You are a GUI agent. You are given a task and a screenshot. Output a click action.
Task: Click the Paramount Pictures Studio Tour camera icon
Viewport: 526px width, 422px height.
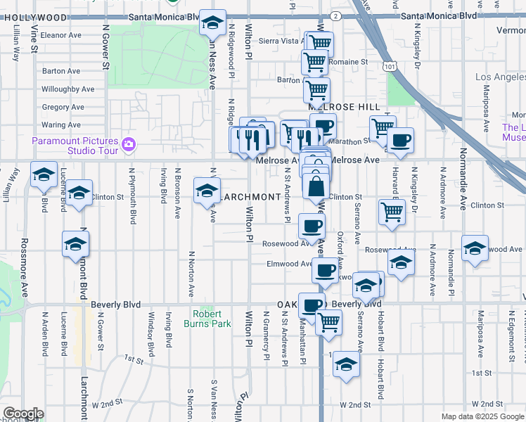pyautogui.click(x=128, y=145)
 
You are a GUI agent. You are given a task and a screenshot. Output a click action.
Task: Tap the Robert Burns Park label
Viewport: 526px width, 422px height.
pyautogui.click(x=207, y=319)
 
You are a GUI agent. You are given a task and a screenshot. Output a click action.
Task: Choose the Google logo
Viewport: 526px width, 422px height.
pyautogui.click(x=23, y=414)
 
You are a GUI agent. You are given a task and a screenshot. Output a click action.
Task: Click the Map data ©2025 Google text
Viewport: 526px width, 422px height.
pyautogui.click(x=482, y=416)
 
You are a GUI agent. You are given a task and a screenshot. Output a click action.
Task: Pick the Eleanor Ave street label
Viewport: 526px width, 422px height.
pyautogui.click(x=62, y=34)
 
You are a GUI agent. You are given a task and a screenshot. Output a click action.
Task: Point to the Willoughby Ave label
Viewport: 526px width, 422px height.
pyautogui.click(x=68, y=89)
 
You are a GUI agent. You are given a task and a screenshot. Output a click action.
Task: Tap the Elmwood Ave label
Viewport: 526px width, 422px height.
pyautogui.click(x=289, y=264)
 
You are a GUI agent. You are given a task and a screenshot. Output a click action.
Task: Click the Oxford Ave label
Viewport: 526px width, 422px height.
pyautogui.click(x=340, y=250)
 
